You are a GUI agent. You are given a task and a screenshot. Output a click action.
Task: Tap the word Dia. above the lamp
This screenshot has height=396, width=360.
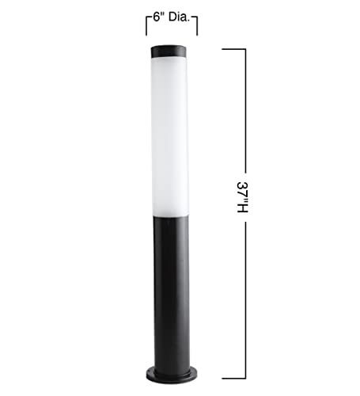(x=180, y=17)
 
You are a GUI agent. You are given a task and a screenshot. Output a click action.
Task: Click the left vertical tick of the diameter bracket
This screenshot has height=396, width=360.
(x=146, y=26)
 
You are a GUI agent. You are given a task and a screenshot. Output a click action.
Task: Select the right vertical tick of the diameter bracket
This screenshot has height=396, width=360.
(x=197, y=26)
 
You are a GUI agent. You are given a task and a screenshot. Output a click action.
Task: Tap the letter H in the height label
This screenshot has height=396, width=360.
(x=242, y=208)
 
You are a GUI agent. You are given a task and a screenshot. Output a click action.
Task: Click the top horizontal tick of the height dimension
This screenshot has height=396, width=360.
(x=234, y=49)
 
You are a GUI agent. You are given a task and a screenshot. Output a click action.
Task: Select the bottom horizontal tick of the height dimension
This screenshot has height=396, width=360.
(x=234, y=379)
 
